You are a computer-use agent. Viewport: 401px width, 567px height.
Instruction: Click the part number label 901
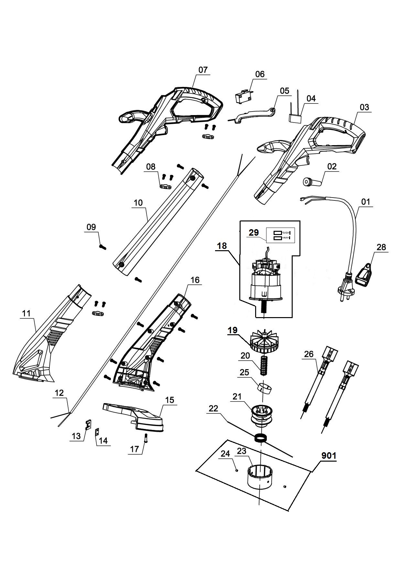pos(329,455)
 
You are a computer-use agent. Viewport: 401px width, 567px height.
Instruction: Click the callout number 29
pos(254,232)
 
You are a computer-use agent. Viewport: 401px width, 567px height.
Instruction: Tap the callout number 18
pos(222,246)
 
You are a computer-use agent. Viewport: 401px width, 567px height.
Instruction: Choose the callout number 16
pos(195,280)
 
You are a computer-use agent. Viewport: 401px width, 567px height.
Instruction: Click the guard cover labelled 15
pos(136,415)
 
